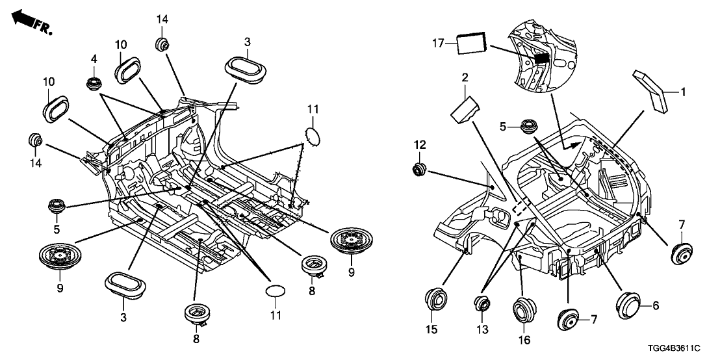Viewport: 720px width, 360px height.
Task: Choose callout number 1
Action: point(682,92)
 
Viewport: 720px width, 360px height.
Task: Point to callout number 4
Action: point(94,58)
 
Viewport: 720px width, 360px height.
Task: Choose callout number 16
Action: point(523,339)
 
